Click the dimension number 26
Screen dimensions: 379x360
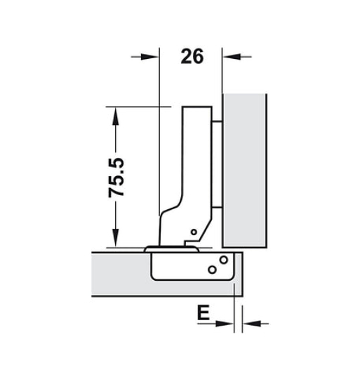tap(192, 56)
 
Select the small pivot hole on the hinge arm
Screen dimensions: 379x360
tap(193, 232)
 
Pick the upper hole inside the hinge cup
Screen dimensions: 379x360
tap(222, 260)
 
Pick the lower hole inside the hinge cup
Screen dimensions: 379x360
tap(211, 269)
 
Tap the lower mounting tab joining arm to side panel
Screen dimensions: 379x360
tap(218, 204)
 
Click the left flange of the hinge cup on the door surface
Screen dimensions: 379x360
tap(153, 248)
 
